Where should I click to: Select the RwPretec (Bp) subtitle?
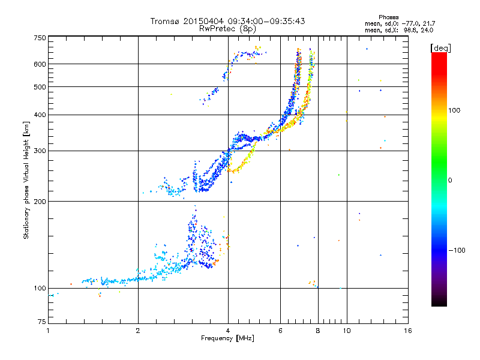(227, 28)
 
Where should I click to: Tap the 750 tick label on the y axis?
(40, 38)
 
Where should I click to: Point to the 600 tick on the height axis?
(40, 64)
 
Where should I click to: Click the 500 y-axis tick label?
(40, 87)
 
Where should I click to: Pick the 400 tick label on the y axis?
(40, 115)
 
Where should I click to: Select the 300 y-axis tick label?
(40, 151)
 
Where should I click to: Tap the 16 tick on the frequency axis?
(407, 331)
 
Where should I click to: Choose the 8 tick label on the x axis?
(318, 331)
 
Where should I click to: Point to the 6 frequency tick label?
(281, 331)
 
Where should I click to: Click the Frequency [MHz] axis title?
(227, 339)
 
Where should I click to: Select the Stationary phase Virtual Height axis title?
(26, 180)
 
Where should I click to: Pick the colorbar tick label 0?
(450, 180)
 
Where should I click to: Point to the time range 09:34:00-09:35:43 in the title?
(261, 21)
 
